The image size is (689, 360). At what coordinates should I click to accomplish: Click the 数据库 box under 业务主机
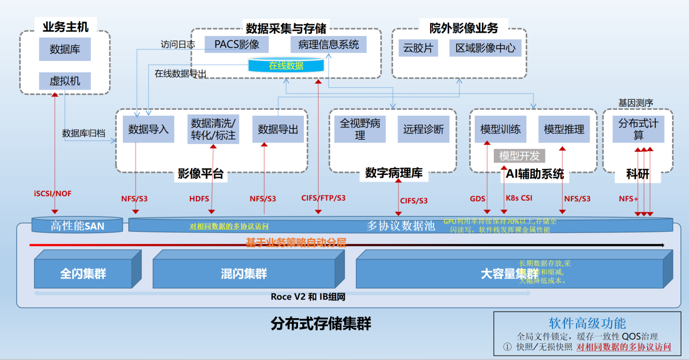[65, 49]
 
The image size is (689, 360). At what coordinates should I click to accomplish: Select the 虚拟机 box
[65, 81]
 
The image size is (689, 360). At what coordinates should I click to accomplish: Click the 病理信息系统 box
[328, 45]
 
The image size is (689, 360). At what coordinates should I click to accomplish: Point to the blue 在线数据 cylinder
[286, 65]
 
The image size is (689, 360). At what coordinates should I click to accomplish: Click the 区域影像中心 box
[486, 48]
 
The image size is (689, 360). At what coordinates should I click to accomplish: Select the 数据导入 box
[148, 129]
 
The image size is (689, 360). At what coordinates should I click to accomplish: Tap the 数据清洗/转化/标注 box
[213, 129]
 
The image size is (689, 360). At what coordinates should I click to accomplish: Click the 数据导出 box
[278, 129]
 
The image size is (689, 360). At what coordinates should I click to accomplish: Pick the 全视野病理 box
[360, 129]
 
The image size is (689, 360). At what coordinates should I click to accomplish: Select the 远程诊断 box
[424, 129]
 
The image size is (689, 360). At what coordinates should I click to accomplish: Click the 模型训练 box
[500, 129]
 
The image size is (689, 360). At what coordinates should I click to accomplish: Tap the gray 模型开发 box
[519, 156]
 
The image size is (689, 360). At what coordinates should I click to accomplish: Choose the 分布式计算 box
[638, 129]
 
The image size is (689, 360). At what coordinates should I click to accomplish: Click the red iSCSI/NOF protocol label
[53, 194]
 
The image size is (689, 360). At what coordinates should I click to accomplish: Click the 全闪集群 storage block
[83, 274]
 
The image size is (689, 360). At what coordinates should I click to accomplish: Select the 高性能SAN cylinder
[77, 225]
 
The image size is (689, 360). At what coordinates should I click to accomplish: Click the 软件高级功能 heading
[587, 324]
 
